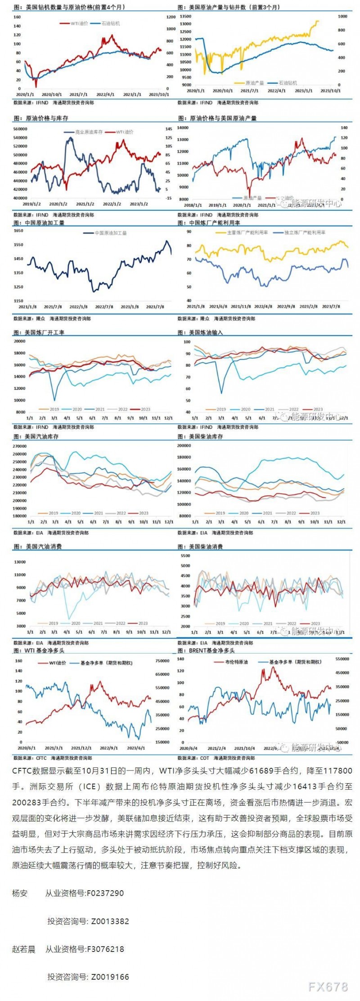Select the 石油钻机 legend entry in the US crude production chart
pyautogui.click(x=288, y=83)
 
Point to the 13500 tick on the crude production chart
pyautogui.click(x=185, y=17)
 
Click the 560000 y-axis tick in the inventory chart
pyautogui.click(x=21, y=129)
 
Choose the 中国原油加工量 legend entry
pyautogui.click(x=111, y=233)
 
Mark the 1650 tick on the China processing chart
pyautogui.click(x=18, y=231)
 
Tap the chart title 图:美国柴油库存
pyautogui.click(x=201, y=437)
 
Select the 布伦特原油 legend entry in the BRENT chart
pyautogui.click(x=236, y=662)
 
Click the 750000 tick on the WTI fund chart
pyautogui.click(x=162, y=661)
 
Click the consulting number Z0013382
pyautogui.click(x=110, y=921)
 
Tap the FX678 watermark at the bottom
pyautogui.click(x=328, y=987)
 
